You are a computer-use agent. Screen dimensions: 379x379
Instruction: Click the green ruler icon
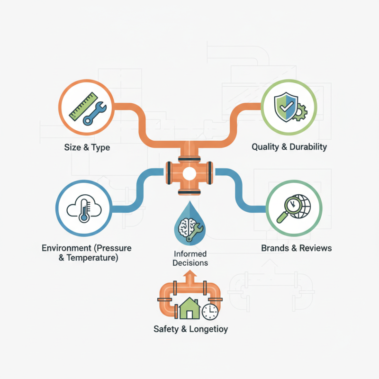pos(83,106)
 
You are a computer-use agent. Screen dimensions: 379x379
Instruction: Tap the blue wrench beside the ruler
pos(95,113)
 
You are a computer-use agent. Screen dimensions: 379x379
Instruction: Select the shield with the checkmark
pos(286,107)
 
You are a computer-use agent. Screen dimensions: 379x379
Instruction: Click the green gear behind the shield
pos(300,112)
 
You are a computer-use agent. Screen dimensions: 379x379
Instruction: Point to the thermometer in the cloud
pos(84,210)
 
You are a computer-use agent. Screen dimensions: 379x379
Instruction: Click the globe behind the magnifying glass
pos(302,206)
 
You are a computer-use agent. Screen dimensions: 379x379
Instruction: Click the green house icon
pos(189,308)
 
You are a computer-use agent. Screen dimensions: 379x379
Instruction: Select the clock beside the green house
pos(210,312)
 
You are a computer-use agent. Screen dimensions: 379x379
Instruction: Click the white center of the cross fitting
pos(189,173)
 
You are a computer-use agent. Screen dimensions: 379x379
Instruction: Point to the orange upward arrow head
pos(190,274)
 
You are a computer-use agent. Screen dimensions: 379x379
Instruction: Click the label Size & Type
pos(87,147)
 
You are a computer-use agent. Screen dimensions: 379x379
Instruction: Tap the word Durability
pos(308,147)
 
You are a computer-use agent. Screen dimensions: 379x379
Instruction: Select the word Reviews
pos(316,248)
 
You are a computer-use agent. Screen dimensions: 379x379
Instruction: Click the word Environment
pos(66,248)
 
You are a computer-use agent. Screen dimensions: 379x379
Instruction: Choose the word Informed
pos(190,254)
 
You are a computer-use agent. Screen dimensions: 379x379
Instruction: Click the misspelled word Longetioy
pos(208,329)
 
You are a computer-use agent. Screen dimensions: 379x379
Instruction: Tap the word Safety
pos(166,329)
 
